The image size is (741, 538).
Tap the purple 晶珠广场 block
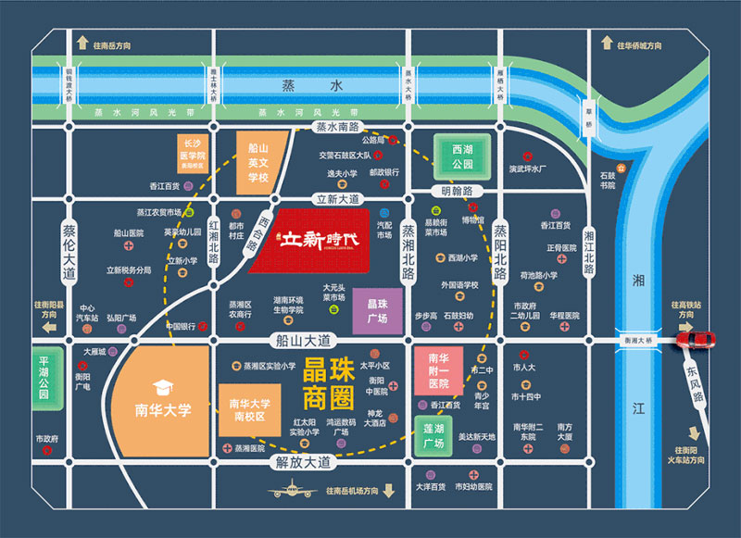click(x=377, y=309)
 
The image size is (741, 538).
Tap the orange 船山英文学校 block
click(x=257, y=162)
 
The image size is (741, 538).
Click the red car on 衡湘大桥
click(x=697, y=338)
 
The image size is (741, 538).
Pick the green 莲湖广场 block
click(x=434, y=436)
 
